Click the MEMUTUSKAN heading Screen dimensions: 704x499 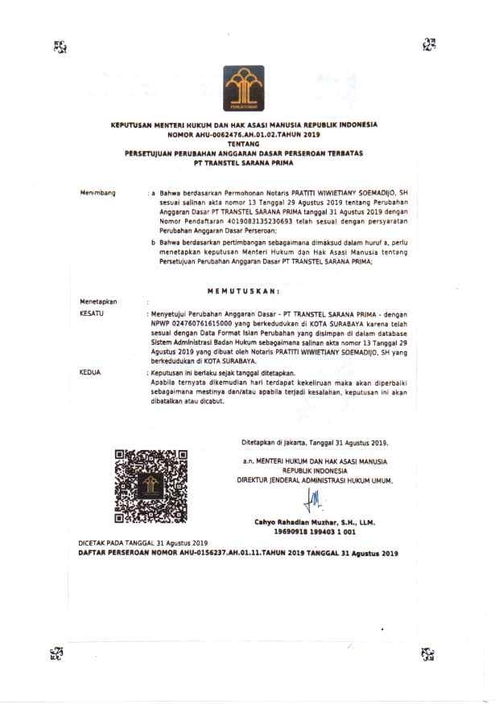tap(244, 289)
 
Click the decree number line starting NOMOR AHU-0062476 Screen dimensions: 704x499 tap(244, 135)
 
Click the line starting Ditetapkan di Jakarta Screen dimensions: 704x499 tap(315, 442)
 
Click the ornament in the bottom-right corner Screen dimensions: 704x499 tap(427, 653)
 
